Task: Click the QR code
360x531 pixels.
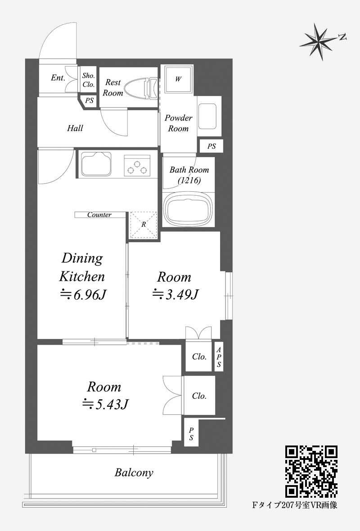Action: pos(311,472)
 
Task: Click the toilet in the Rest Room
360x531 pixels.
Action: pos(141,88)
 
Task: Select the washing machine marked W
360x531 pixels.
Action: pos(178,79)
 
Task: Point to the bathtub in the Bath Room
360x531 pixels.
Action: pos(188,209)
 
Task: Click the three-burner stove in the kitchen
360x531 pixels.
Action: pos(137,166)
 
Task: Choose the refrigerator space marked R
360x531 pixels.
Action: pos(144,225)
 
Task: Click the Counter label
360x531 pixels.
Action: pos(99,215)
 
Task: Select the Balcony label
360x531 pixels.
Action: pos(134,473)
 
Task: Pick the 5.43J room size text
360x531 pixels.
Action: pos(105,404)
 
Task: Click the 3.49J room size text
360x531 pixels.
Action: pos(175,294)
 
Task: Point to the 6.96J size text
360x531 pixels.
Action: pos(83,295)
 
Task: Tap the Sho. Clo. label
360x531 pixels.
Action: pos(88,80)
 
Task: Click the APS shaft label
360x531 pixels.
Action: pos(219,357)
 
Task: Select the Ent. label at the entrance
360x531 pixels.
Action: pos(58,77)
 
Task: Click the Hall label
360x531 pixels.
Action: pos(75,128)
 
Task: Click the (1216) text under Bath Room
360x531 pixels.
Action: pos(189,180)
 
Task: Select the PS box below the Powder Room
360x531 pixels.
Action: pos(211,146)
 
